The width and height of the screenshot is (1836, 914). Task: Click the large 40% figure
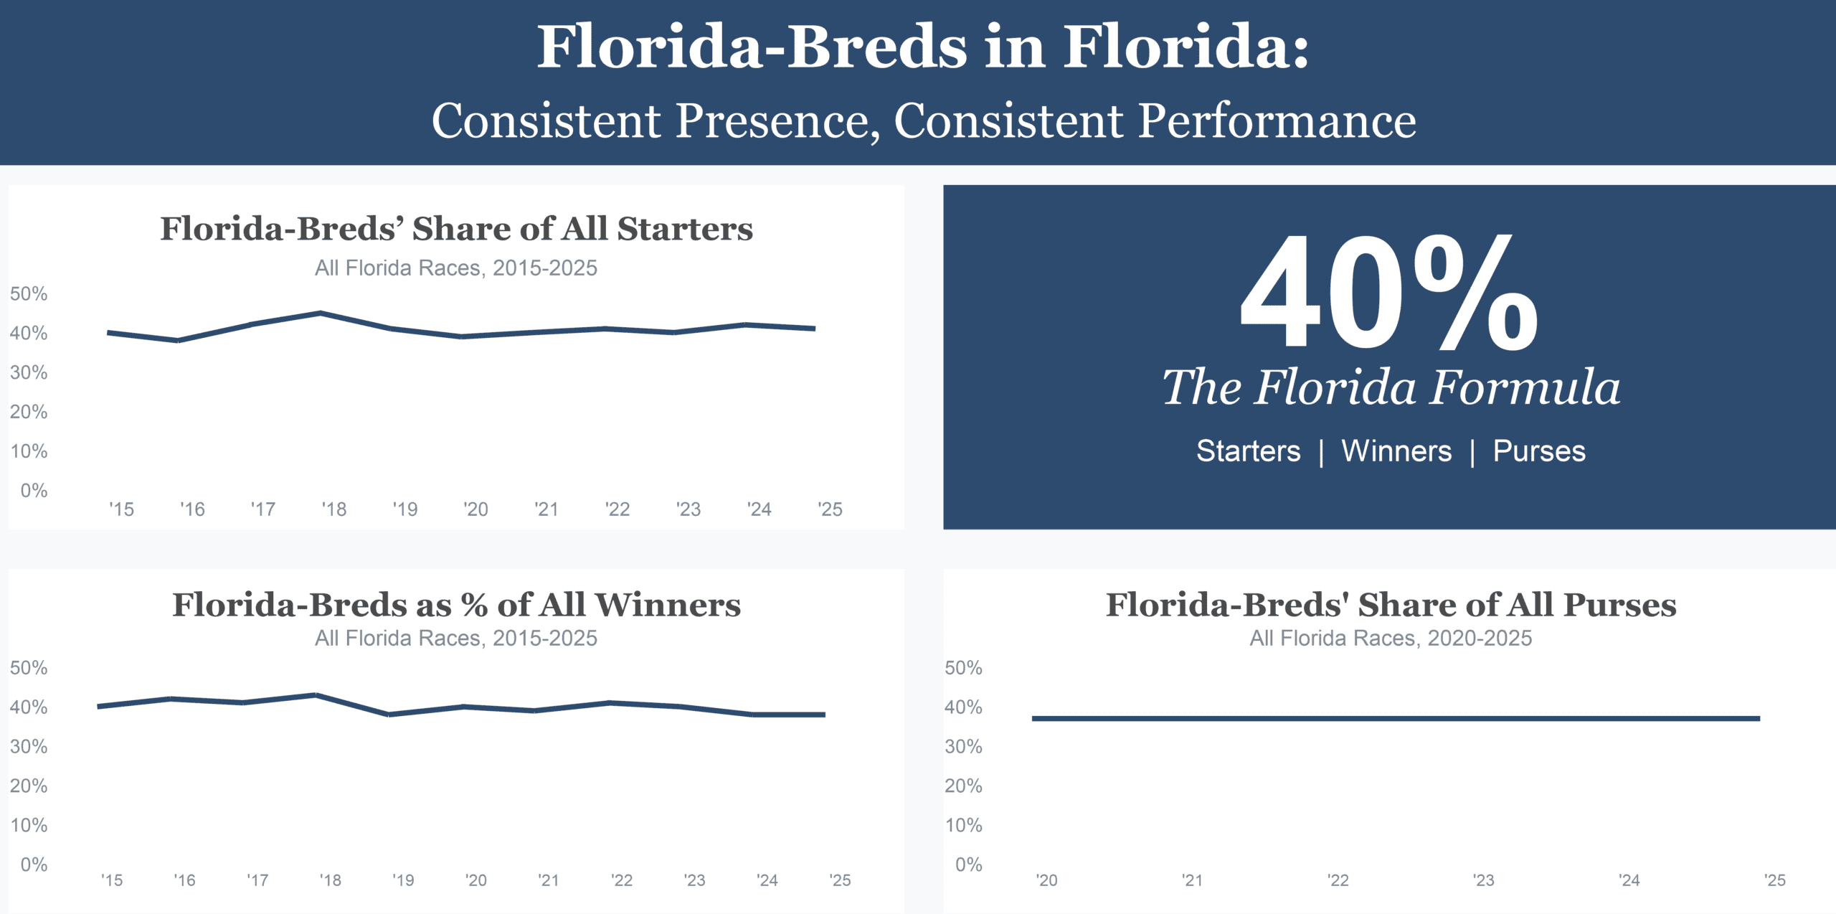point(1389,294)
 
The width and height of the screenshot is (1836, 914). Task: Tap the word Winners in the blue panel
point(1396,451)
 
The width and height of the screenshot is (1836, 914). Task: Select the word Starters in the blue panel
point(1248,451)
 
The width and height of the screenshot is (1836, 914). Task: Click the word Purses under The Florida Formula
point(1539,451)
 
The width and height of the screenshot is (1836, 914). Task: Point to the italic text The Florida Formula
point(1391,388)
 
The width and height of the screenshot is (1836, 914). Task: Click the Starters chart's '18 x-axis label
point(333,509)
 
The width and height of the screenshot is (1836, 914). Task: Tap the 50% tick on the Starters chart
point(29,294)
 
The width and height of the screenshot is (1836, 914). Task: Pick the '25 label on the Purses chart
point(1774,880)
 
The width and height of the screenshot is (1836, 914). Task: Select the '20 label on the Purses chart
point(1046,880)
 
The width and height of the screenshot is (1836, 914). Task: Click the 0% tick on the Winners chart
point(34,864)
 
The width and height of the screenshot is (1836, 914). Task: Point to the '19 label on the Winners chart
point(403,880)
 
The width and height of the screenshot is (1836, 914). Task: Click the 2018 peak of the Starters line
point(321,313)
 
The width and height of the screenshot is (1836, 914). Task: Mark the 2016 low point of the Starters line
point(178,340)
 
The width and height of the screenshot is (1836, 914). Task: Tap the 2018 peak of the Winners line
point(316,694)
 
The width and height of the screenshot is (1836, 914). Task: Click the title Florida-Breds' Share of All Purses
point(1391,605)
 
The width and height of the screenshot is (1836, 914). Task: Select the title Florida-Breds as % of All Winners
point(456,605)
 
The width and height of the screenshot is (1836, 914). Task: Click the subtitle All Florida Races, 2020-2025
point(1391,638)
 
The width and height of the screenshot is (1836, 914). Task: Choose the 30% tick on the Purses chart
point(963,747)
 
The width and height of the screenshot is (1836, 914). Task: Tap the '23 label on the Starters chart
point(688,509)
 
